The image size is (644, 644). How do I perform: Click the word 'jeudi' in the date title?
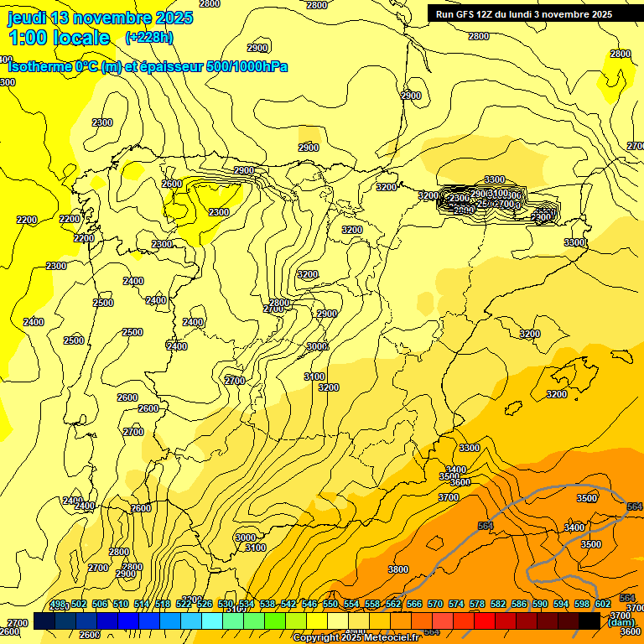pyautogui.click(x=28, y=18)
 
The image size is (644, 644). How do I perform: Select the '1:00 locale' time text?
pyautogui.click(x=60, y=38)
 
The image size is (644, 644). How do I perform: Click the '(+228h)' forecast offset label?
pyautogui.click(x=148, y=38)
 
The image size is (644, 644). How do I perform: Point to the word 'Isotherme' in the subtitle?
pyautogui.click(x=39, y=66)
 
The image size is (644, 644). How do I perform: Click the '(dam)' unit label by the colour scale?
pyautogui.click(x=621, y=621)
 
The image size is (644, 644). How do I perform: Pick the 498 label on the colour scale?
pyautogui.click(x=57, y=604)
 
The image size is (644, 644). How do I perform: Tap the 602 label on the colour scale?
pyautogui.click(x=603, y=604)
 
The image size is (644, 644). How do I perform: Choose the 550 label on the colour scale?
pyautogui.click(x=330, y=604)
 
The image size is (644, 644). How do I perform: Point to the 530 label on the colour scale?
pyautogui.click(x=226, y=604)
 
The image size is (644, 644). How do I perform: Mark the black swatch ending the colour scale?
pyautogui.click(x=589, y=621)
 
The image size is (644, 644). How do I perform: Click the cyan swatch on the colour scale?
pyautogui.click(x=212, y=621)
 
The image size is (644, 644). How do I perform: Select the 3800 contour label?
pyautogui.click(x=398, y=569)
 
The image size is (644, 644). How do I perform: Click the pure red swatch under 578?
pyautogui.click(x=485, y=621)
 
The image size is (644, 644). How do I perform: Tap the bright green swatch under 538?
pyautogui.click(x=275, y=621)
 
